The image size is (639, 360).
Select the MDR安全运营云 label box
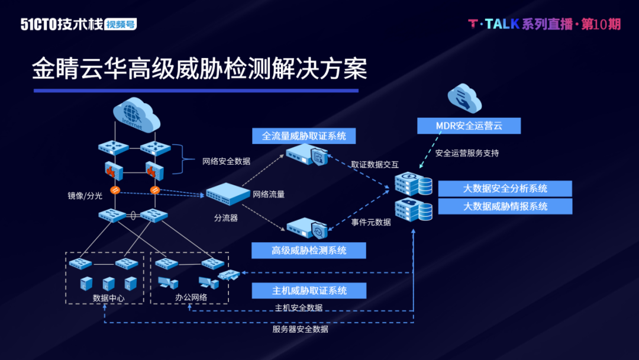(469, 126)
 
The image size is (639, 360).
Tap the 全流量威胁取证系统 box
(304, 136)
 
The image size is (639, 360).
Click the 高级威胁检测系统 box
(309, 250)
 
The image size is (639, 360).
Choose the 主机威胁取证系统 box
(309, 291)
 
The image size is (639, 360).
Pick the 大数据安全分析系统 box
(505, 189)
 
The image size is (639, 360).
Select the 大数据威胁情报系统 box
(505, 207)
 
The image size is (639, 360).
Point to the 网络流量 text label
(269, 194)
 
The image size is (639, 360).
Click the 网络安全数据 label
(226, 161)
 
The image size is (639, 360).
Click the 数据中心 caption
(109, 298)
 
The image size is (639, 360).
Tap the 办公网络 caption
(191, 297)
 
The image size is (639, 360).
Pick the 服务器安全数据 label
(300, 329)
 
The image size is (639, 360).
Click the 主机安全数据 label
(298, 308)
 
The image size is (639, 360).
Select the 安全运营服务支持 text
(467, 153)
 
